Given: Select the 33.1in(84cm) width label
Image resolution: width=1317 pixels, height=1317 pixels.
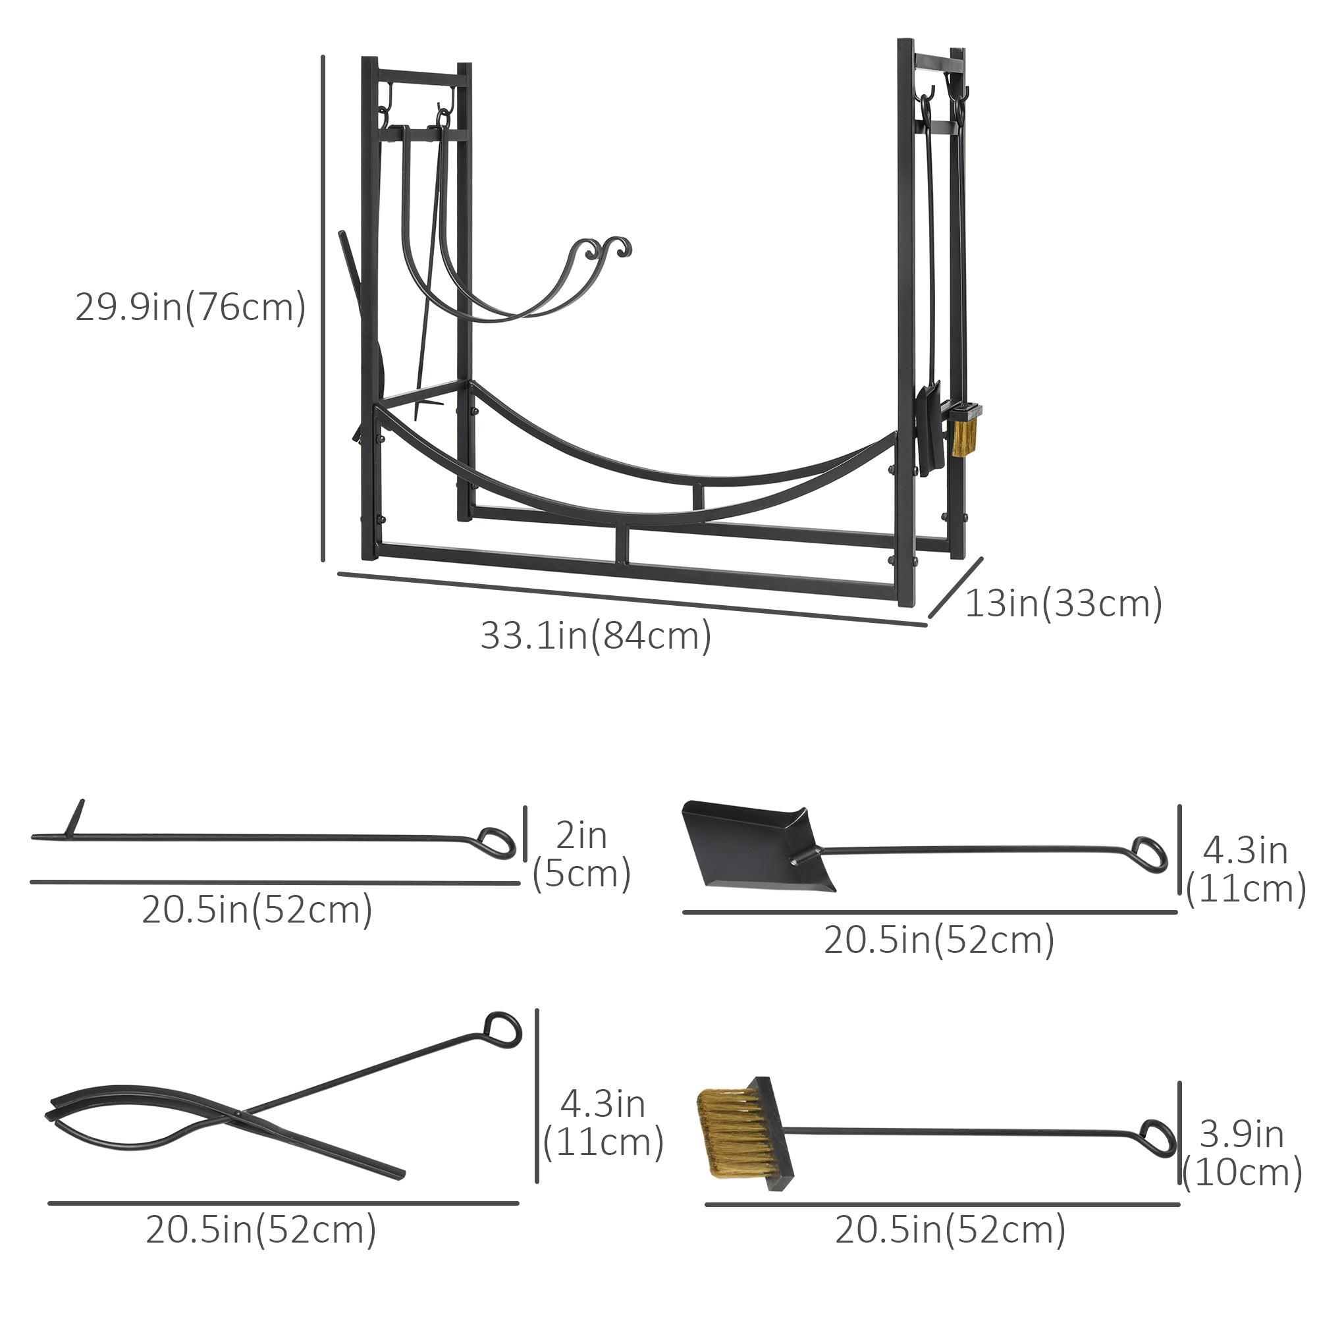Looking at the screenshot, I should click(x=596, y=635).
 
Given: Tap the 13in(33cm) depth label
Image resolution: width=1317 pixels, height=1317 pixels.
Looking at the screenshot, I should click(x=1063, y=603).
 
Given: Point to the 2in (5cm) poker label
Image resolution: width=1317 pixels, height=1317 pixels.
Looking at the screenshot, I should click(x=581, y=855).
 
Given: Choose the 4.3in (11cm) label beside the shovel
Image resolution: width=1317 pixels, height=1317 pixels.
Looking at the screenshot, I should click(x=1245, y=870).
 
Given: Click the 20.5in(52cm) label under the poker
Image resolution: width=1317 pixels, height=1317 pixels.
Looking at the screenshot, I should click(x=257, y=909).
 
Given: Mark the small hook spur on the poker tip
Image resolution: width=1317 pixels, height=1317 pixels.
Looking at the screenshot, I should click(x=77, y=817).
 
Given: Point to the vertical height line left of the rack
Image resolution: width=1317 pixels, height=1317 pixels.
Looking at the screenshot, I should click(x=323, y=308).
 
